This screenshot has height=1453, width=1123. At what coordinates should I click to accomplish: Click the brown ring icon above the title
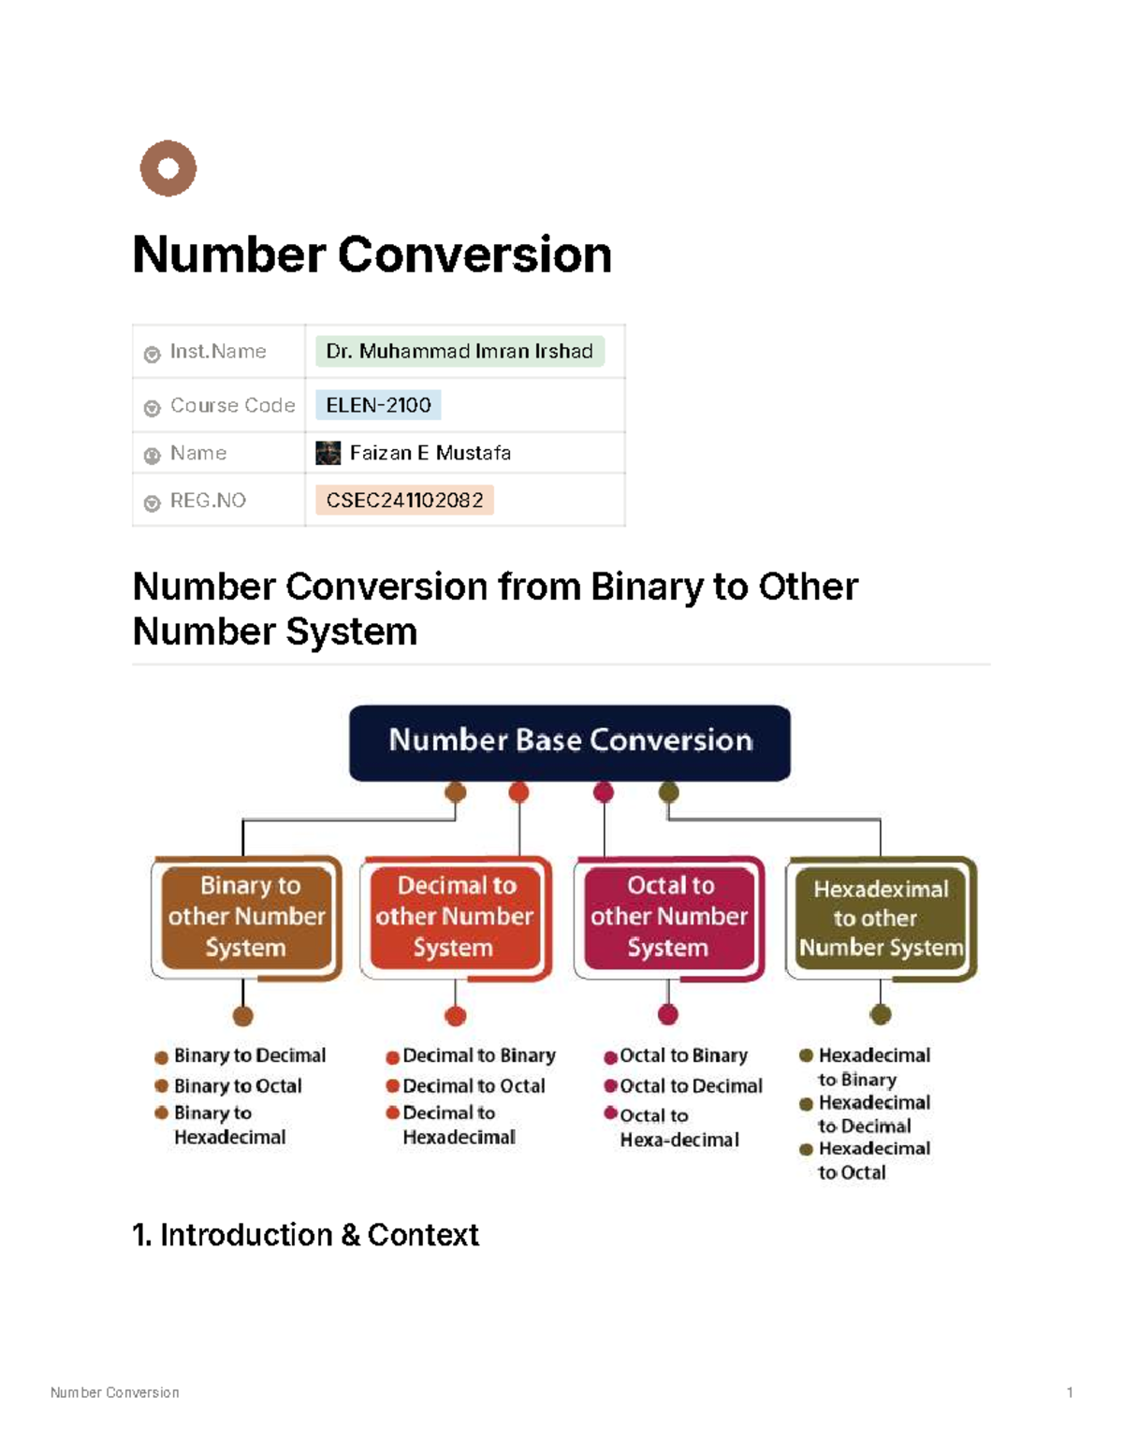click(x=168, y=168)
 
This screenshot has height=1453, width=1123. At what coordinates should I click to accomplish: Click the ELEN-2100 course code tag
click(x=378, y=405)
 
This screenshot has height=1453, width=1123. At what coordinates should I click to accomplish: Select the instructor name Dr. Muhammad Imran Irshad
click(x=459, y=351)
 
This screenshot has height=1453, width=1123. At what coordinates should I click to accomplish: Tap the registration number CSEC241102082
click(x=404, y=501)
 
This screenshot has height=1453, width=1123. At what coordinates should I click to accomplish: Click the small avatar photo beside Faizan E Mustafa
click(x=328, y=453)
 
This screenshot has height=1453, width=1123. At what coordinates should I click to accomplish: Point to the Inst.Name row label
click(x=217, y=352)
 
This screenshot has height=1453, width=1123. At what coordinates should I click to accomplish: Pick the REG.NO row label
click(x=208, y=501)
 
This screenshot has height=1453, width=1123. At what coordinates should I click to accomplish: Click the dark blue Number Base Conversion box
click(x=570, y=742)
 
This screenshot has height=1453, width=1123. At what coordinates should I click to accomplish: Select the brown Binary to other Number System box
click(x=247, y=917)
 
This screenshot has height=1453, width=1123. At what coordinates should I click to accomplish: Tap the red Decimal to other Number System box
click(x=455, y=917)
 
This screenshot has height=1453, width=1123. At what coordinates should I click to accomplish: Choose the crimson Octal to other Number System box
click(x=669, y=917)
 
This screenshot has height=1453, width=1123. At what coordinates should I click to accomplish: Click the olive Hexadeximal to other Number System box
click(x=881, y=918)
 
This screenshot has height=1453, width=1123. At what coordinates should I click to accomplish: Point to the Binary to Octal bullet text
click(x=238, y=1086)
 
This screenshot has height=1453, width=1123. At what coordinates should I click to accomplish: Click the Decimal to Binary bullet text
click(x=479, y=1055)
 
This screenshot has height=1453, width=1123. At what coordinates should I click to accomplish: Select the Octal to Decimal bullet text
click(x=691, y=1086)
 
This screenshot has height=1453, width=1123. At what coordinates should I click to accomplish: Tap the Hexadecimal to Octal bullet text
click(x=873, y=1160)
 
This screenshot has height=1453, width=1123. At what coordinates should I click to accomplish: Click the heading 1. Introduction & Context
click(x=306, y=1235)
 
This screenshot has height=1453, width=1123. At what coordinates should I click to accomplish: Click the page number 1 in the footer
click(x=1070, y=1392)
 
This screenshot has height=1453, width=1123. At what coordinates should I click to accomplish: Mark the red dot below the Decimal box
click(x=456, y=1016)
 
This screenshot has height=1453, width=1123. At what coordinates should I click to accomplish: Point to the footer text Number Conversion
click(x=115, y=1392)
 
